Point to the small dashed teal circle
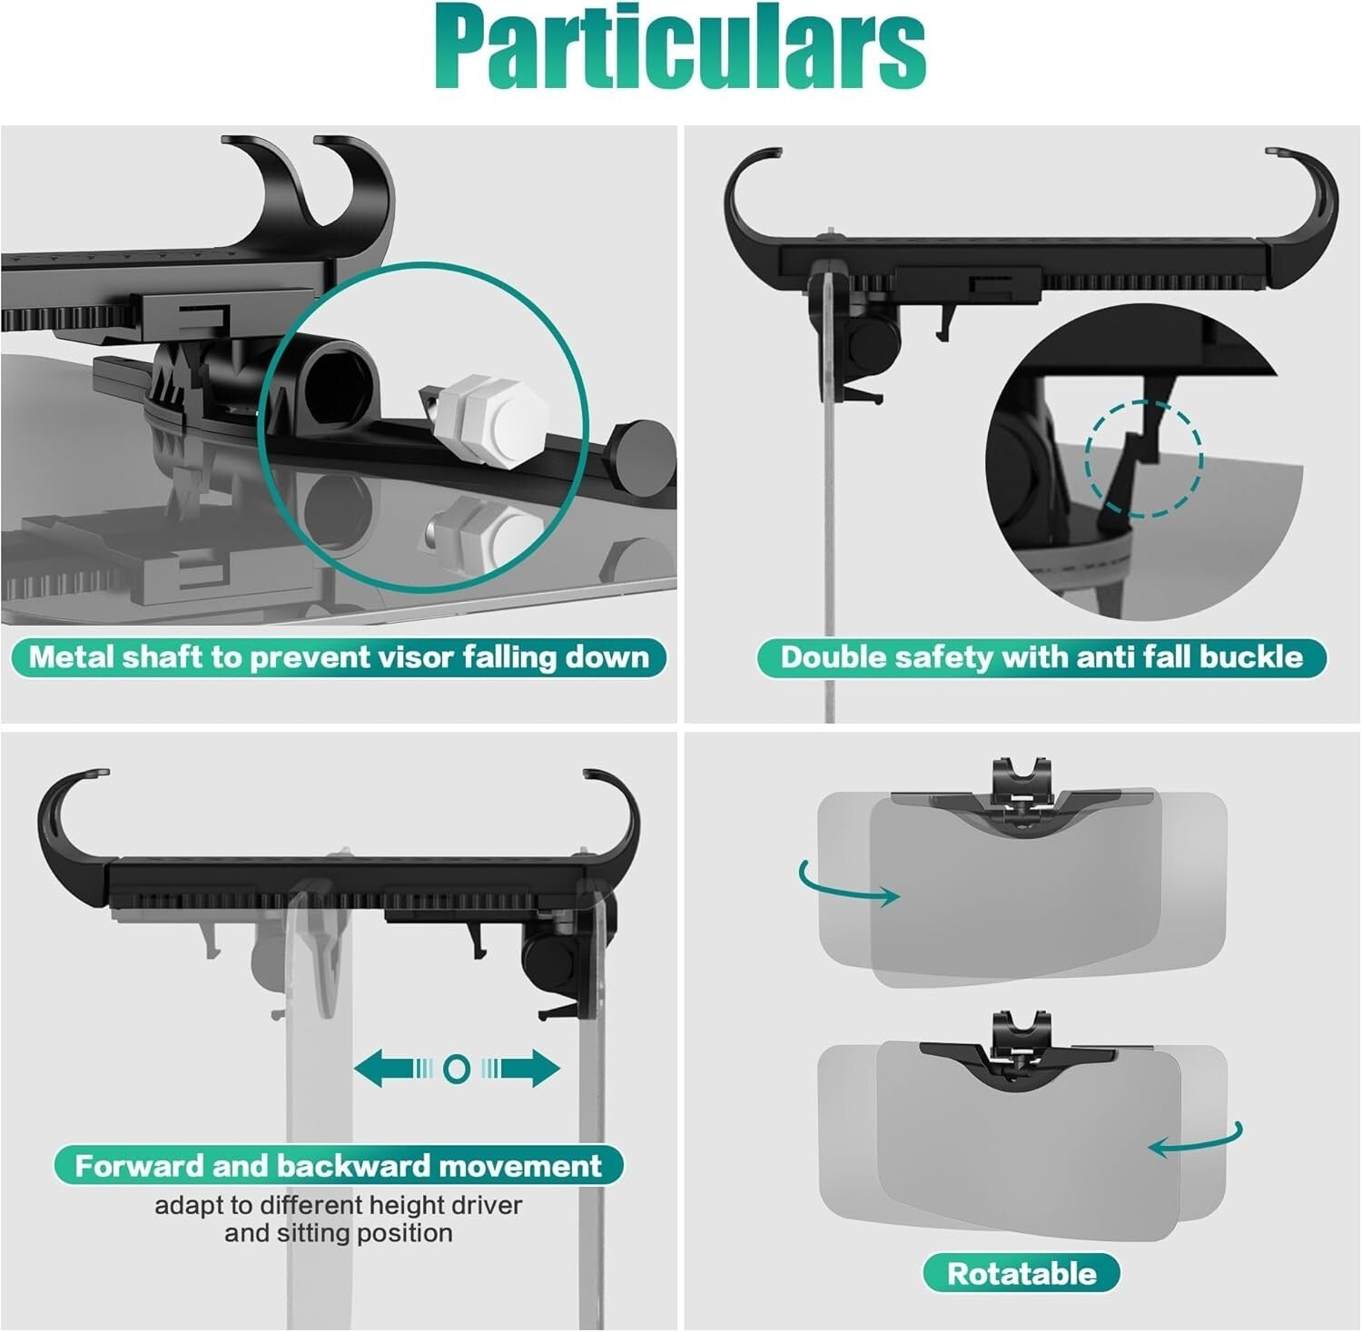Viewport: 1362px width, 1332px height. coord(1144,459)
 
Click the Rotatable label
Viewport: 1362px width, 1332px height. coord(1021,1273)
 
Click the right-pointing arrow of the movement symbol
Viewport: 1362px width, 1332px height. coord(527,1068)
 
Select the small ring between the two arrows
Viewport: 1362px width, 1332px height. coord(457,1069)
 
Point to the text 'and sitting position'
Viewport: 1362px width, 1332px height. coord(338,1233)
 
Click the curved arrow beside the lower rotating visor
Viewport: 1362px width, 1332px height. coord(1199,1142)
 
